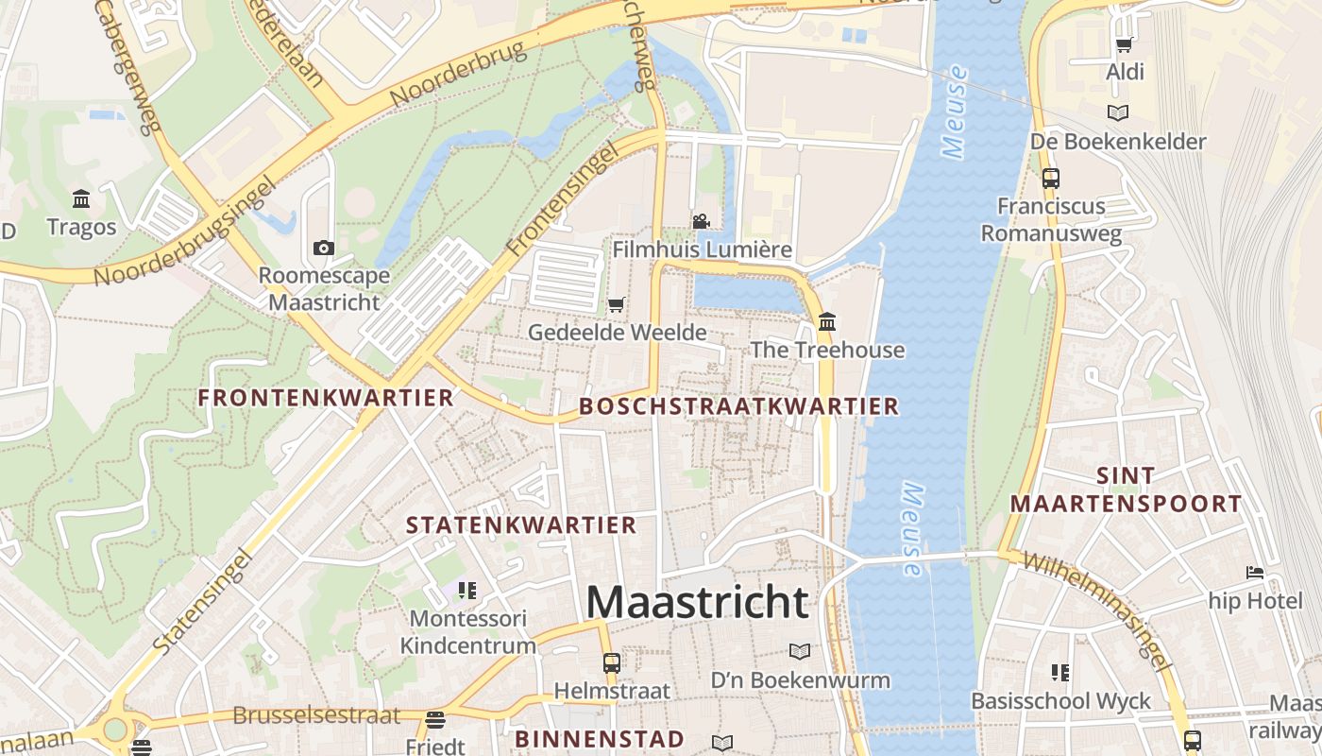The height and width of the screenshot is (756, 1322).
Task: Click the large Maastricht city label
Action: click(x=698, y=602)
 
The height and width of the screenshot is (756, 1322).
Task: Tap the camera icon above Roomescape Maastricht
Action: click(x=324, y=248)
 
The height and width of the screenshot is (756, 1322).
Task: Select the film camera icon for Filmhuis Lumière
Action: click(x=701, y=221)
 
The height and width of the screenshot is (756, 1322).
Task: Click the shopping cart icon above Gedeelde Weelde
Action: click(x=617, y=304)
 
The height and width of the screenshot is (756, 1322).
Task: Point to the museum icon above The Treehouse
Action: click(x=827, y=321)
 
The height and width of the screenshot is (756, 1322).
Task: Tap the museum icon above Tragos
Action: click(x=81, y=198)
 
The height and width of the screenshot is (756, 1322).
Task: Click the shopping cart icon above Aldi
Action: click(x=1125, y=44)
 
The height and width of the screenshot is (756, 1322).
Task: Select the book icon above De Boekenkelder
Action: click(x=1118, y=113)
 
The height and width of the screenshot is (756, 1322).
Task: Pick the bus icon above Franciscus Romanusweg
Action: click(x=1051, y=178)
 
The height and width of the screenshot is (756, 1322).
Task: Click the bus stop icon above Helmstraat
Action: click(x=612, y=662)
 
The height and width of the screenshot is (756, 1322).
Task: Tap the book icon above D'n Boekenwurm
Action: click(x=800, y=651)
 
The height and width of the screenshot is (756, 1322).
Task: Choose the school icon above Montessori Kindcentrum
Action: click(x=467, y=591)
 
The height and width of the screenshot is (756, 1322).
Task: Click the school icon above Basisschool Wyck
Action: click(x=1060, y=673)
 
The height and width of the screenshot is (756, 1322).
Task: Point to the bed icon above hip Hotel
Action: click(x=1255, y=573)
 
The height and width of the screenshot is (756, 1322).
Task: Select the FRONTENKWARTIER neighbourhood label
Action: click(x=326, y=398)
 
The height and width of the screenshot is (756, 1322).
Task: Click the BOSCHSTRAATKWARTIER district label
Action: click(x=738, y=406)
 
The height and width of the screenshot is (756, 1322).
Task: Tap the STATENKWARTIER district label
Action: click(x=521, y=524)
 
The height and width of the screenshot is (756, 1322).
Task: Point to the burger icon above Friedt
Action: click(x=434, y=720)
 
